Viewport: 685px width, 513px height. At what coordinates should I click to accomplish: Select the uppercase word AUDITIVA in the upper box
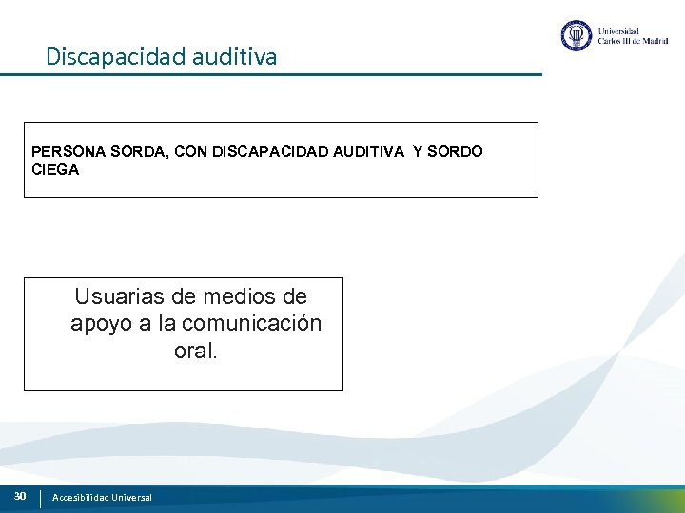(368, 151)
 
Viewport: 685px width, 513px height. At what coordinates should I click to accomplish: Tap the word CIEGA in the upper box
(55, 170)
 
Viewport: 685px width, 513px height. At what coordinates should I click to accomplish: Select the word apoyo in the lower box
(100, 324)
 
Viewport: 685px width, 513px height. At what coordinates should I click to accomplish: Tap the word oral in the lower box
(194, 351)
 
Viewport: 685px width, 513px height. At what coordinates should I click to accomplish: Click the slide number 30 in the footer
(20, 496)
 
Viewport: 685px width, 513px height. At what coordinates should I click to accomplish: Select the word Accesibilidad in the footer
(81, 497)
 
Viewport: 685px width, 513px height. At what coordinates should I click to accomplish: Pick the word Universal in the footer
(131, 497)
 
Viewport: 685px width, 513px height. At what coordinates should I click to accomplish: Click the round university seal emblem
(577, 36)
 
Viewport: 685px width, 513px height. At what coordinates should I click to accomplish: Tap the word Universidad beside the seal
(618, 30)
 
